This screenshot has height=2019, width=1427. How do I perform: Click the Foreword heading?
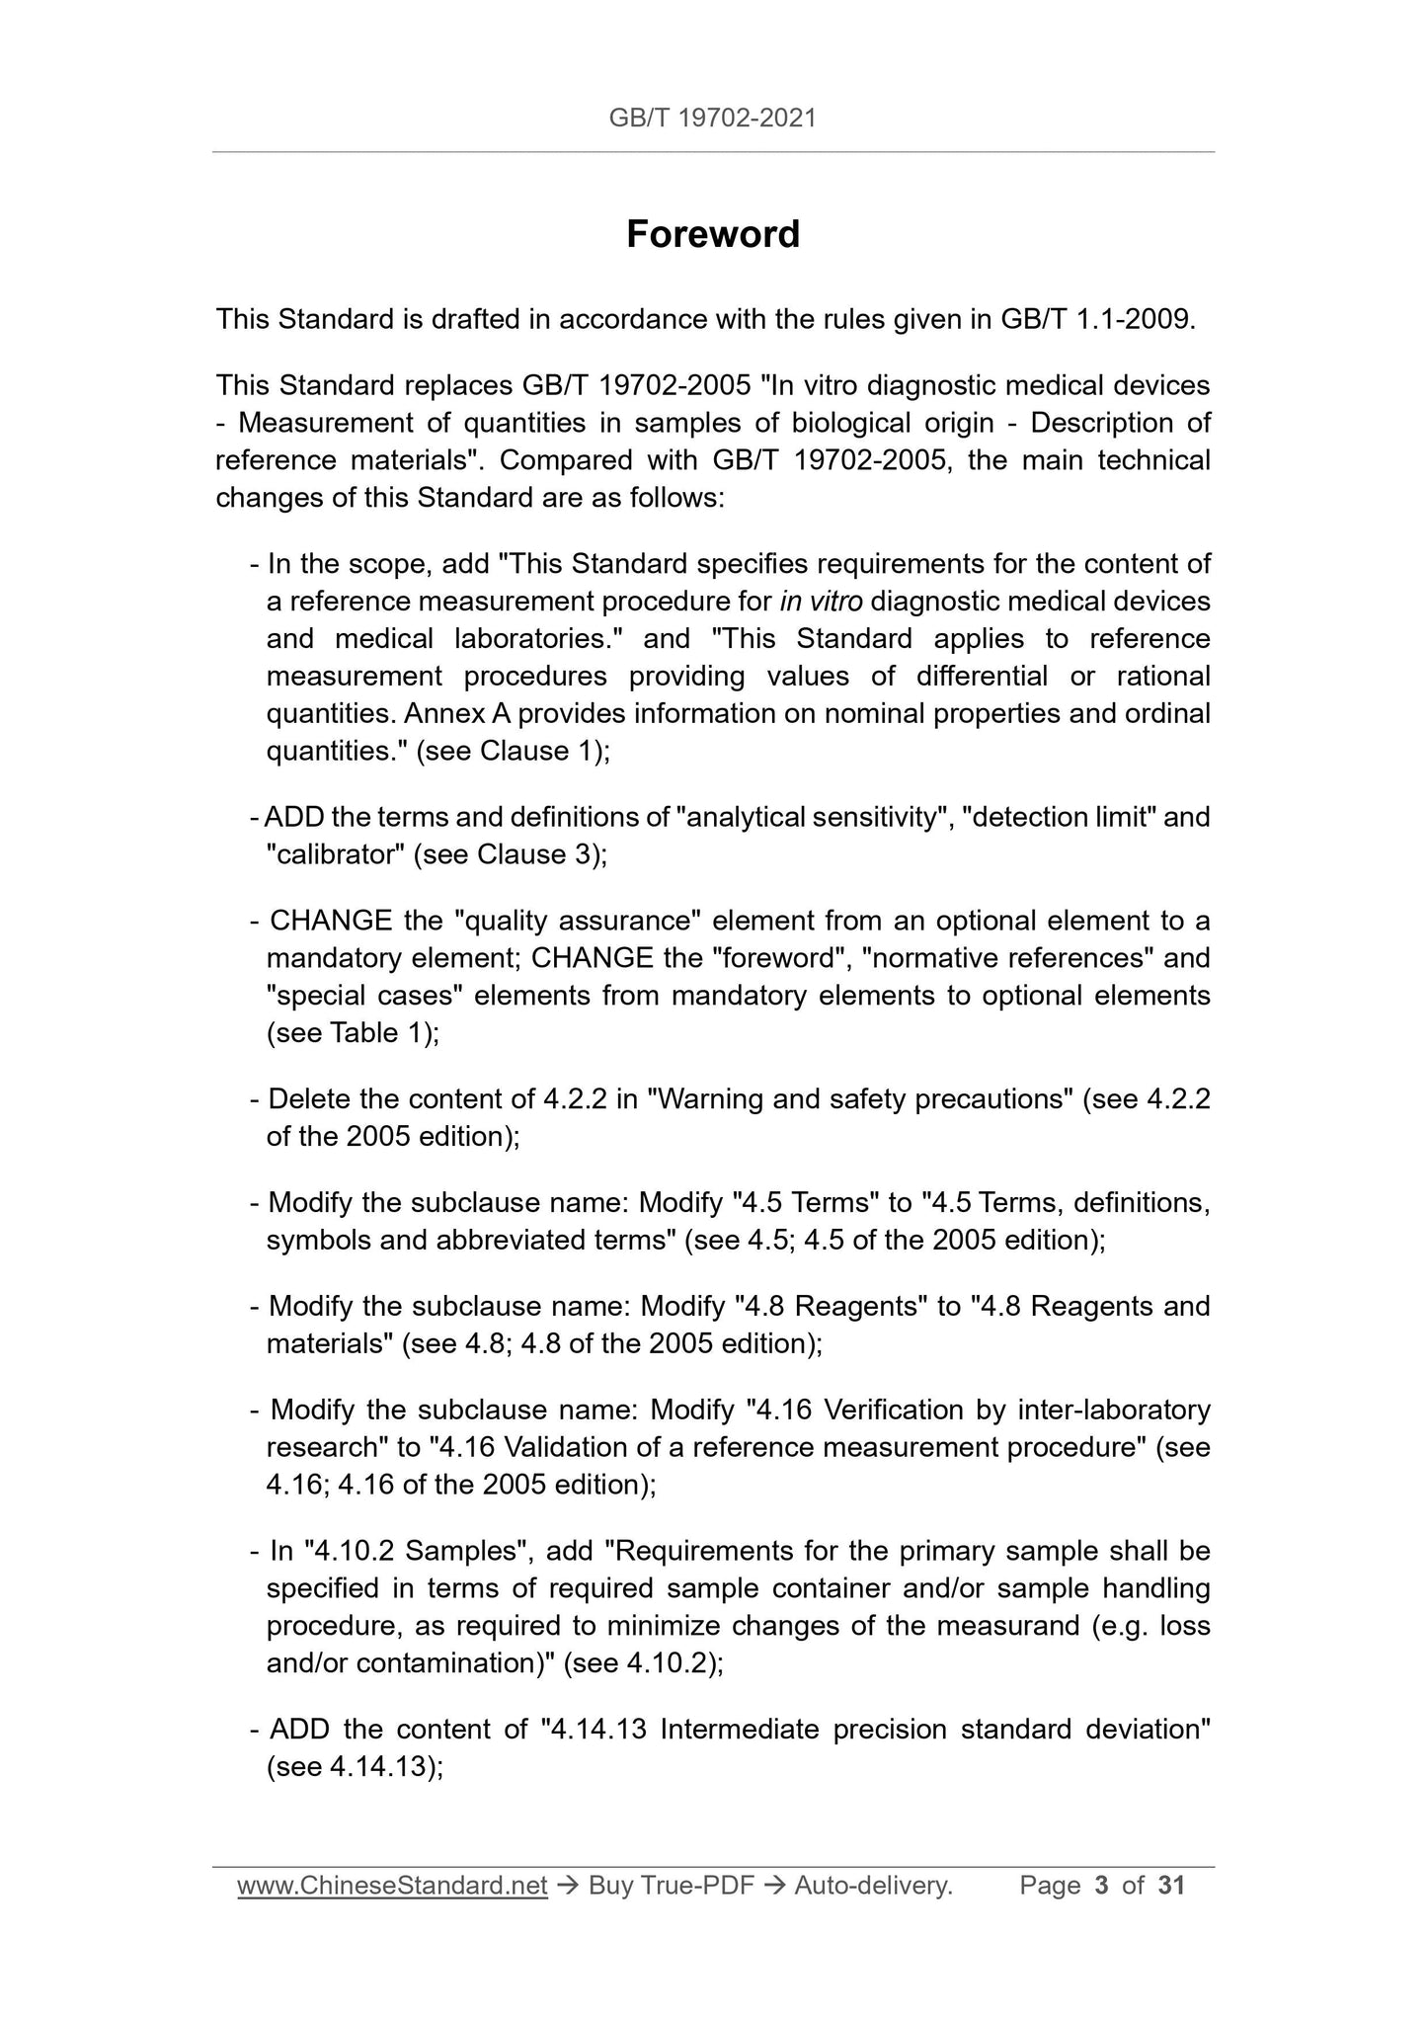(713, 235)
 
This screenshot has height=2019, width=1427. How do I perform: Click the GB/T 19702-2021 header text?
(713, 119)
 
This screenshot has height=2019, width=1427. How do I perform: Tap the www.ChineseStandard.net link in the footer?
(392, 1886)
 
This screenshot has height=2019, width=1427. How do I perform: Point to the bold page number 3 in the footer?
(1102, 1886)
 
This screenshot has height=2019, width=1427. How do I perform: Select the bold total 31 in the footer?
(1170, 1886)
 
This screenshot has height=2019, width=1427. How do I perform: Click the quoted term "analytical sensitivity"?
(808, 818)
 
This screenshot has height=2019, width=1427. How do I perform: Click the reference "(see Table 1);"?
(353, 1033)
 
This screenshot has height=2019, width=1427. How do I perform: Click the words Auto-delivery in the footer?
(873, 1886)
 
